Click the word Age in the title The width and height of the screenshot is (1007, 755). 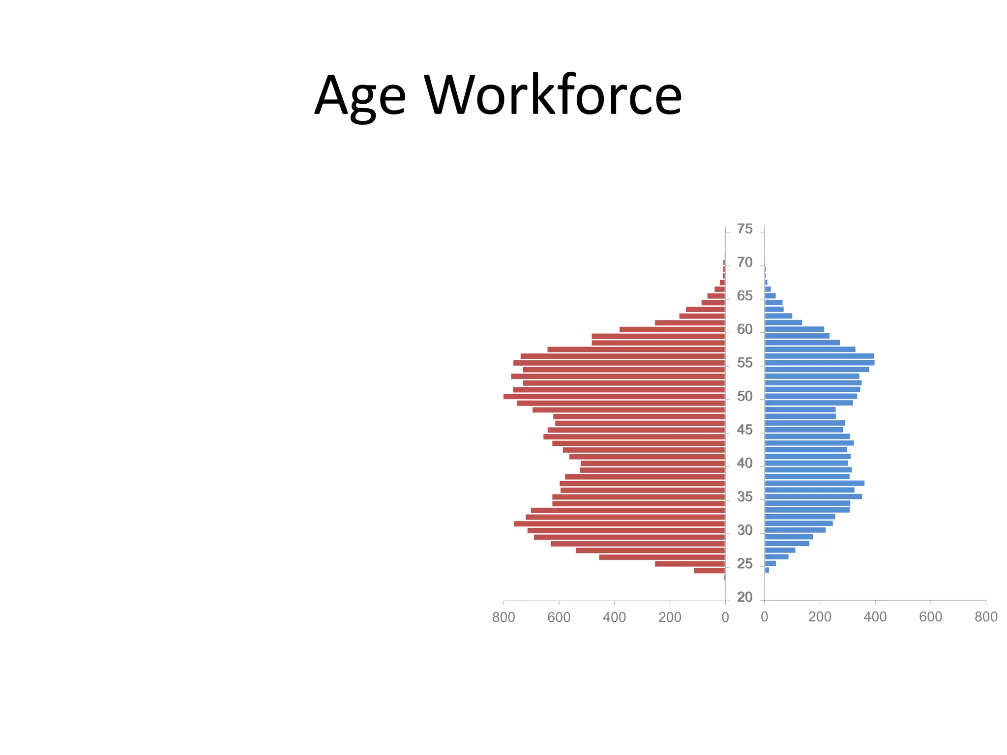coord(360,96)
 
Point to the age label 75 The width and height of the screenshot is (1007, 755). coord(744,229)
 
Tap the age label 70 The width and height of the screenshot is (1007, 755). coord(744,262)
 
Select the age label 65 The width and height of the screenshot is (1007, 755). coord(744,296)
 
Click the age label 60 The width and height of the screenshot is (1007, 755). coord(744,329)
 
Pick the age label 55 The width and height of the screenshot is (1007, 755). coord(744,363)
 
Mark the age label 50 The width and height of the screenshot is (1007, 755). coord(744,396)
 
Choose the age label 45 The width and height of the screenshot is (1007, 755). coord(744,430)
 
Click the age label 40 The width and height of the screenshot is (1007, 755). coord(744,463)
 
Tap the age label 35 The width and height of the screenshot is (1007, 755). coord(744,497)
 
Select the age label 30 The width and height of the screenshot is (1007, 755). coord(744,530)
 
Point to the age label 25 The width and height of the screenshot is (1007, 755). coord(744,564)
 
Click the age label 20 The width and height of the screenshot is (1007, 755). coord(744,597)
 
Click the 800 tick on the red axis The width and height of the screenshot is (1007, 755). coord(503,617)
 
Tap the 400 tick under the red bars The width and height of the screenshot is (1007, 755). coord(614,617)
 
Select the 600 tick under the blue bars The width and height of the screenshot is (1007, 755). coord(930,617)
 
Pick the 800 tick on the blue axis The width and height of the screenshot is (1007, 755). coord(986,617)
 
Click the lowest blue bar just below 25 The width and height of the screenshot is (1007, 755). coord(767,570)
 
